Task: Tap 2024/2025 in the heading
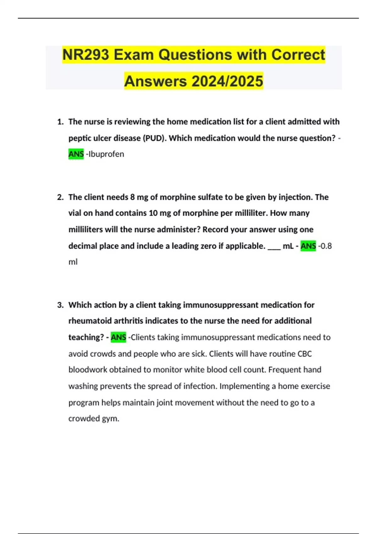point(227,81)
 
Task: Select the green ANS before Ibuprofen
point(76,154)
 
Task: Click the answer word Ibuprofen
point(106,154)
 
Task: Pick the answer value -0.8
point(325,246)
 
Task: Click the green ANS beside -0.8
point(308,246)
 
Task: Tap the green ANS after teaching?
point(118,337)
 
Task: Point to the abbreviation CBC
point(304,354)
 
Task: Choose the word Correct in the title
point(298,55)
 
